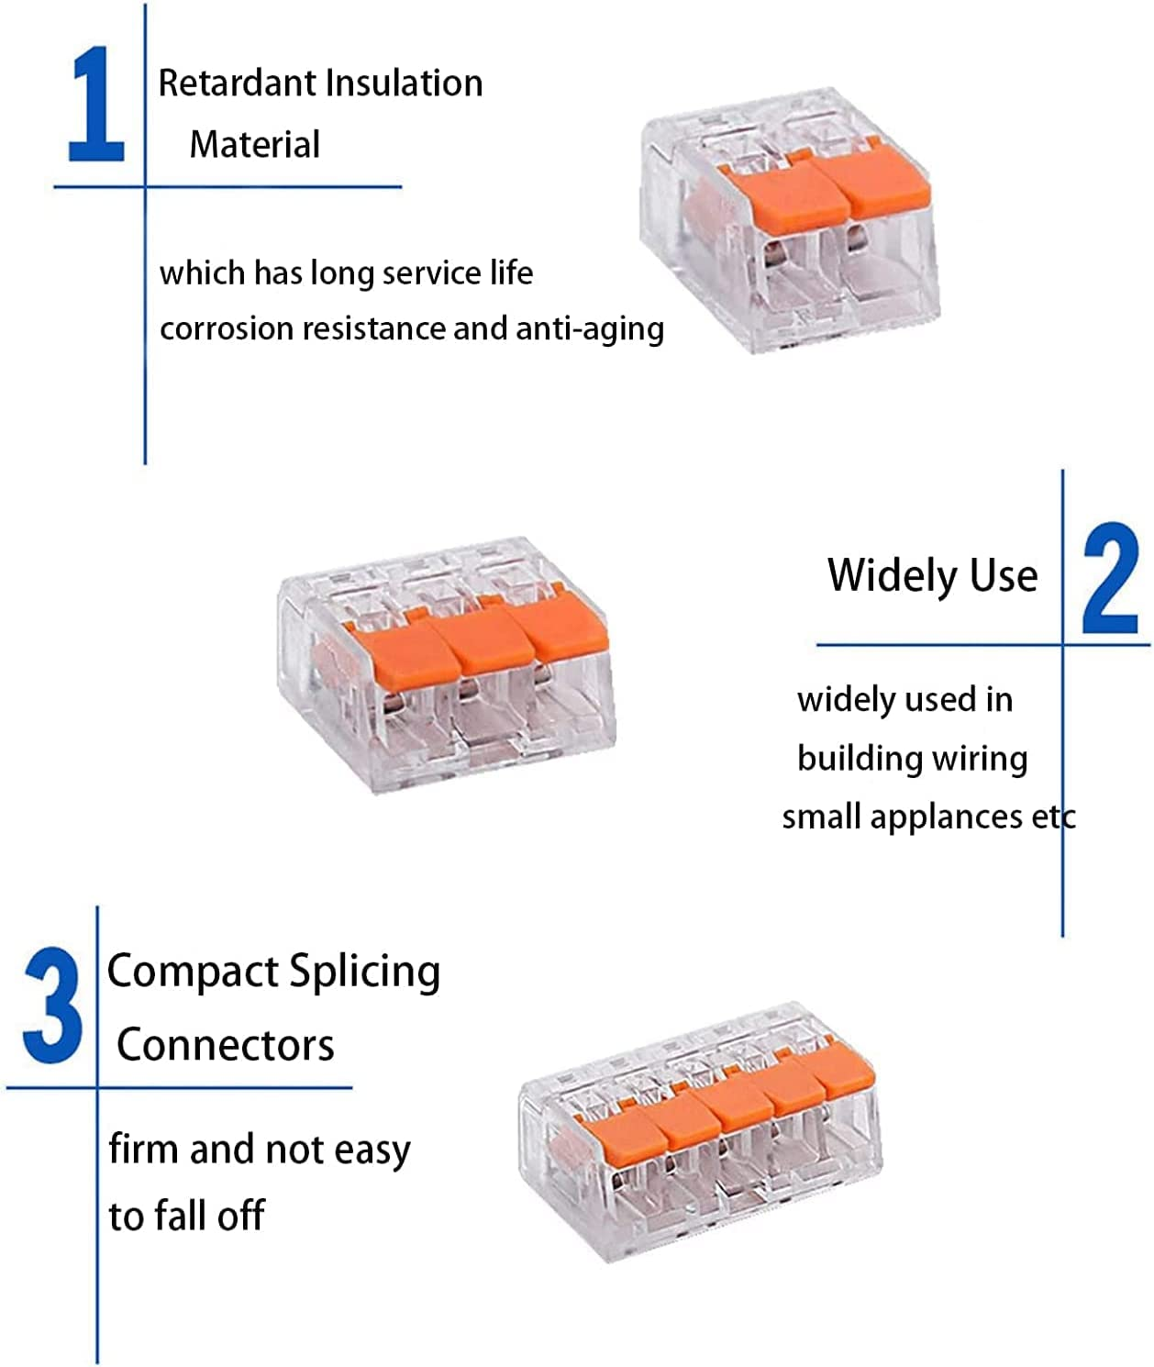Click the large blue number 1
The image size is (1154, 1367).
pos(97,106)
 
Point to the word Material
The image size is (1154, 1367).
pos(254,145)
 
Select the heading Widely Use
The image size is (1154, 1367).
pos(932,575)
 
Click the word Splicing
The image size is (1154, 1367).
pos(364,972)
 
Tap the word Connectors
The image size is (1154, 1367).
pos(226,1045)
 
